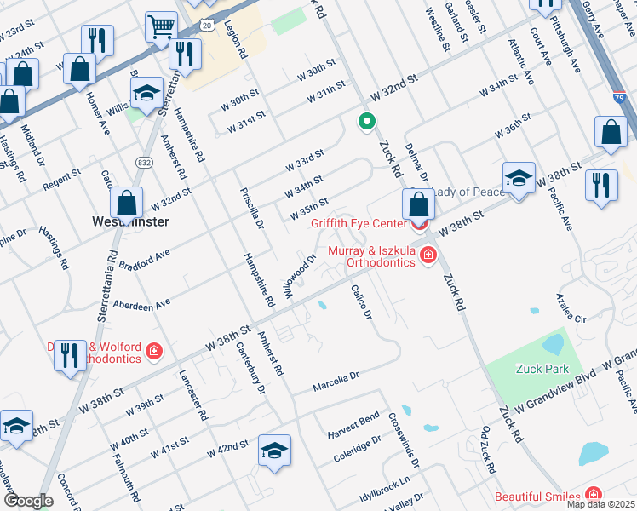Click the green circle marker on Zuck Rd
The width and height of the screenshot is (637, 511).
[367, 122]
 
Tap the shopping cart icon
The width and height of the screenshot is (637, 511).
[160, 26]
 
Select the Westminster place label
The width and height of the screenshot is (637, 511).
[130, 221]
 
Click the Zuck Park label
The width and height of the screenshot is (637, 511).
[541, 369]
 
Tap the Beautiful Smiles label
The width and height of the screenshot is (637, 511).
[538, 496]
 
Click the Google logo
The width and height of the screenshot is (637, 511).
[28, 502]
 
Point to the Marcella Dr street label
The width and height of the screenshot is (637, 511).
[336, 376]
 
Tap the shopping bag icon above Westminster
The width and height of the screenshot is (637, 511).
[126, 203]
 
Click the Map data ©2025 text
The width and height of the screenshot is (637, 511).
[600, 504]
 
